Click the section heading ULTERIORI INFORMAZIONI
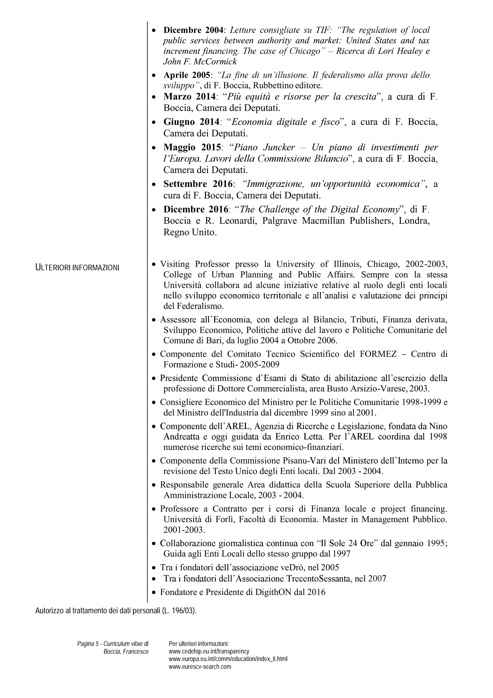click(77, 268)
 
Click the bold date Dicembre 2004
click(193, 30)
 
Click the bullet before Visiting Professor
click(154, 264)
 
